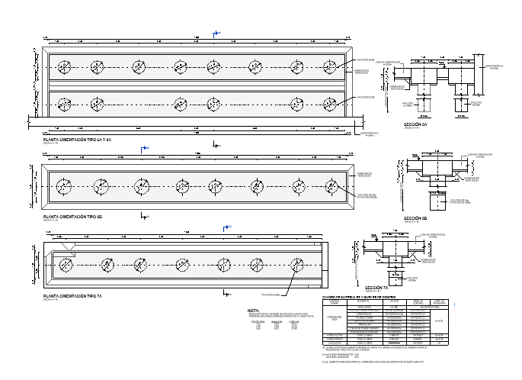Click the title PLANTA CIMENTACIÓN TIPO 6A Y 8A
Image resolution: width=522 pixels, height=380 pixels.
tap(77, 140)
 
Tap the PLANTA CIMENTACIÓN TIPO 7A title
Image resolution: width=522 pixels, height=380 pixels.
tap(72, 295)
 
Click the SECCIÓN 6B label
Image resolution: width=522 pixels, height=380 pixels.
tap(414, 218)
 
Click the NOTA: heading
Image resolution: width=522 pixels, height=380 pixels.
tap(254, 311)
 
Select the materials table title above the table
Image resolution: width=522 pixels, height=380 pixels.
tap(358, 296)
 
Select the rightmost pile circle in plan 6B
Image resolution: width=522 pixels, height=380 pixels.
tap(331, 185)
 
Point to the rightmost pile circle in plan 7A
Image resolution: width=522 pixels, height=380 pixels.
tap(300, 264)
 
